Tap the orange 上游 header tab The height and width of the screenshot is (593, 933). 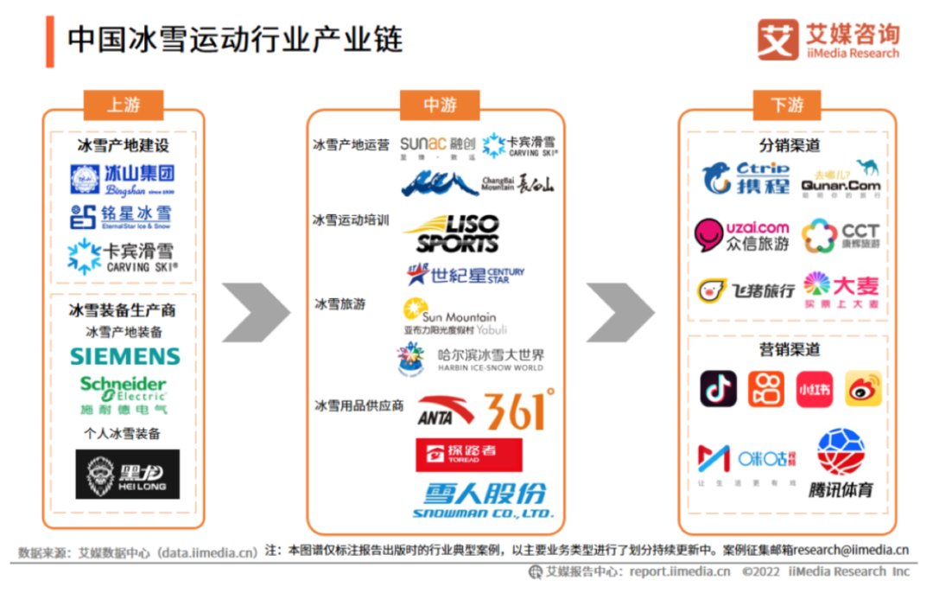123,105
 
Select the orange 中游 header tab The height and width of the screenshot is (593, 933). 439,105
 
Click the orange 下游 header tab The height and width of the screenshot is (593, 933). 786,105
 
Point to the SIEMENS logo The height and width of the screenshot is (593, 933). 124,356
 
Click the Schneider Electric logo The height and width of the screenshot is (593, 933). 124,393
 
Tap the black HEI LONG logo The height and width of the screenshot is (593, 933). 127,474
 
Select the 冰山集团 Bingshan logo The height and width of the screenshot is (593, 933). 123,179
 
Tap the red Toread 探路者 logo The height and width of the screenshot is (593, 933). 468,455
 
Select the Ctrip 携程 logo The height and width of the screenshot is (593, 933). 745,177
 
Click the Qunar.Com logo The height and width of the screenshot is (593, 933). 841,177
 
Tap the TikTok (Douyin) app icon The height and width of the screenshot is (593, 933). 718,389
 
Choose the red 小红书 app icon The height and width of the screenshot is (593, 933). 814,389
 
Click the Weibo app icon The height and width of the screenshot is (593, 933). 863,389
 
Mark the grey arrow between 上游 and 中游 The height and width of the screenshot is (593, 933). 255,312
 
